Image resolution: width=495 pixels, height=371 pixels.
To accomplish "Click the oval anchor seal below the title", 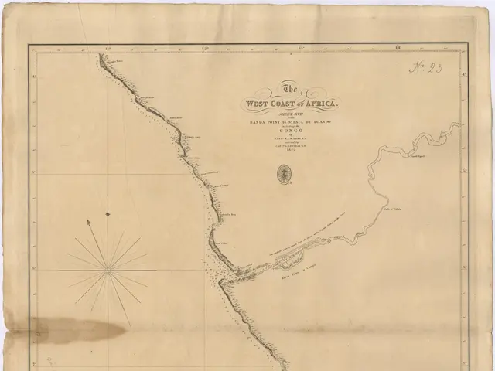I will click(x=282, y=175).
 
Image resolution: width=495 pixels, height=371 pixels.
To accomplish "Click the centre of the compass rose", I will click(x=109, y=269).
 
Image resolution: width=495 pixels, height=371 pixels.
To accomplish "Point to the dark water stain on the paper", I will click(x=77, y=332).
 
